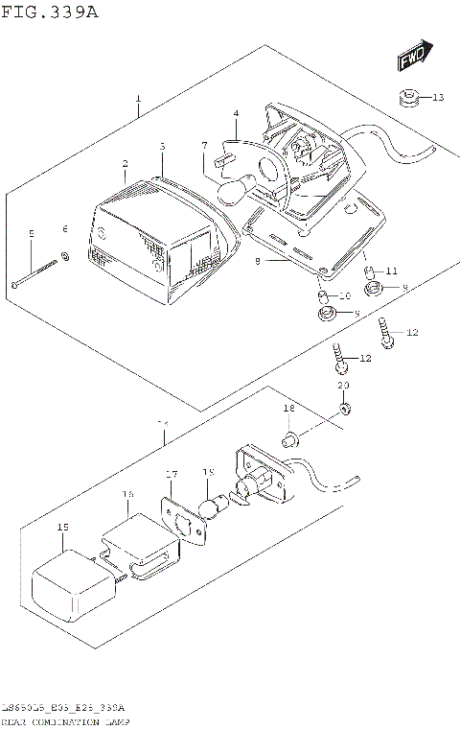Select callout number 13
point(437,98)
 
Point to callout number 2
point(126,164)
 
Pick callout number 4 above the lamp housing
point(235,114)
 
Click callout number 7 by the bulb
point(204,145)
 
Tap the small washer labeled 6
point(64,256)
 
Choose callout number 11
point(391,271)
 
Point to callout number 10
point(345,294)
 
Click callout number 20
point(344,386)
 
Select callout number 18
point(287,410)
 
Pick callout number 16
point(127,494)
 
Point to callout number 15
point(63,527)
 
